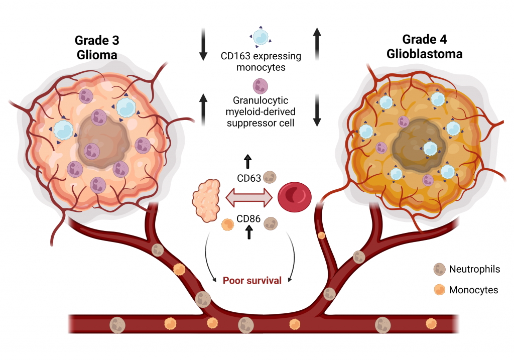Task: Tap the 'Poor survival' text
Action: pyautogui.click(x=252, y=280)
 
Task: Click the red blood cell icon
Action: pyautogui.click(x=295, y=196)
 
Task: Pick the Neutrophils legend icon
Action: pyautogui.click(x=439, y=270)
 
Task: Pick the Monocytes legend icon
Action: pyautogui.click(x=439, y=289)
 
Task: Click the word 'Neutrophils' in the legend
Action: pyautogui.click(x=474, y=270)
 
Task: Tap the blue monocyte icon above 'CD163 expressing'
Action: pyautogui.click(x=261, y=37)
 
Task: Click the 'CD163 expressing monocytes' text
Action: pyautogui.click(x=261, y=61)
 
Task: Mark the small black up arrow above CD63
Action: pyautogui.click(x=247, y=161)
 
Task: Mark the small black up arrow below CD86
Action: pyautogui.click(x=247, y=232)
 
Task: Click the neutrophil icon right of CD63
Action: pyautogui.click(x=270, y=177)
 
